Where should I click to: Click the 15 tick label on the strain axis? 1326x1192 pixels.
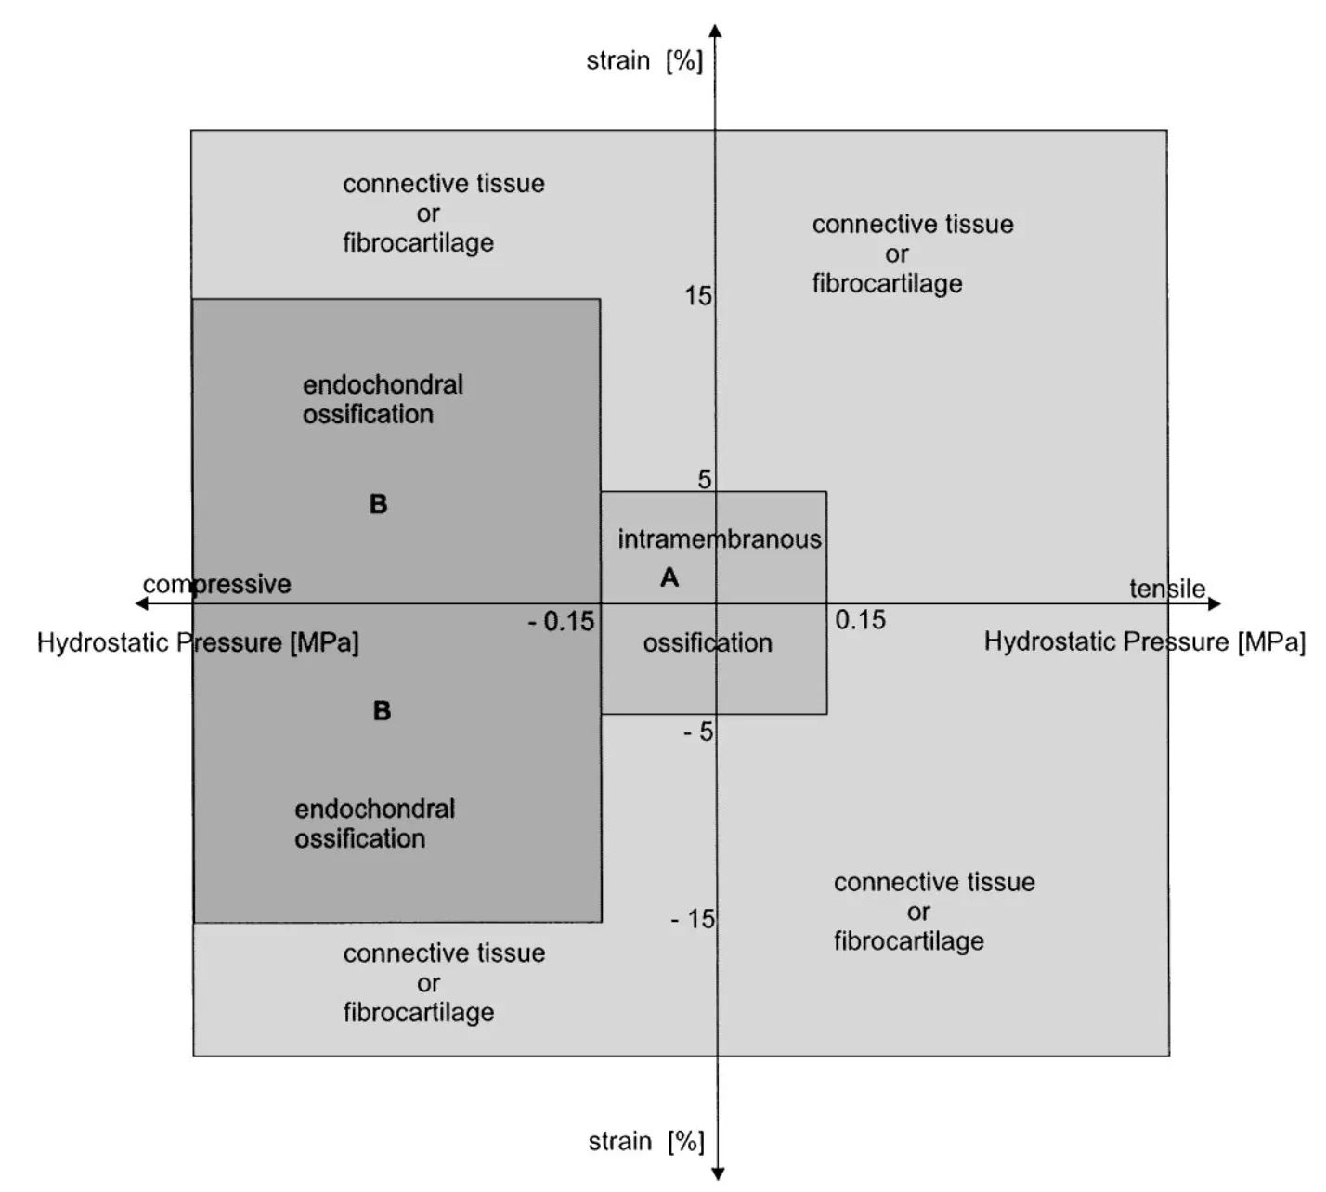tap(698, 296)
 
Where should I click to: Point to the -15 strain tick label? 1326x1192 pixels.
tap(694, 919)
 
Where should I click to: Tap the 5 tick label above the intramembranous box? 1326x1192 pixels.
tap(705, 479)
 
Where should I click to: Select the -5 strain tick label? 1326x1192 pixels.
tap(698, 732)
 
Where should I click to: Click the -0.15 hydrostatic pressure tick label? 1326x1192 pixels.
tap(561, 622)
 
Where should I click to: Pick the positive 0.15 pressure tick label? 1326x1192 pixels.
tap(860, 620)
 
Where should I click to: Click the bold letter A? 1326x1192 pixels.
tap(669, 578)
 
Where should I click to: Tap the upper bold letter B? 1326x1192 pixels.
tap(378, 504)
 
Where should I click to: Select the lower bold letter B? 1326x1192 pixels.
tap(382, 711)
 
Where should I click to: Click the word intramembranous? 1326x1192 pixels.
tap(720, 539)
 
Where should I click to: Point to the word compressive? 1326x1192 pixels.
tap(216, 584)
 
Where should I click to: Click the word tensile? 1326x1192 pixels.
tap(1167, 589)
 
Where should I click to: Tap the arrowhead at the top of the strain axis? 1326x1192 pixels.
tap(715, 31)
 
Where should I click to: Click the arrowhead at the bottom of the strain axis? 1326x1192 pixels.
tap(718, 1173)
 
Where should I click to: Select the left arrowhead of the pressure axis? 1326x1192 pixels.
tap(142, 604)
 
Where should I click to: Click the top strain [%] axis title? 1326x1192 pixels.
tap(644, 61)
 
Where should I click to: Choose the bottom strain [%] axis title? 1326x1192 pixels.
tap(646, 1142)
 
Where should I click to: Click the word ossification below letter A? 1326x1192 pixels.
tap(708, 642)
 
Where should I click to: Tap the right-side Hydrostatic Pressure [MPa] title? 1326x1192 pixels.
tap(1144, 641)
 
